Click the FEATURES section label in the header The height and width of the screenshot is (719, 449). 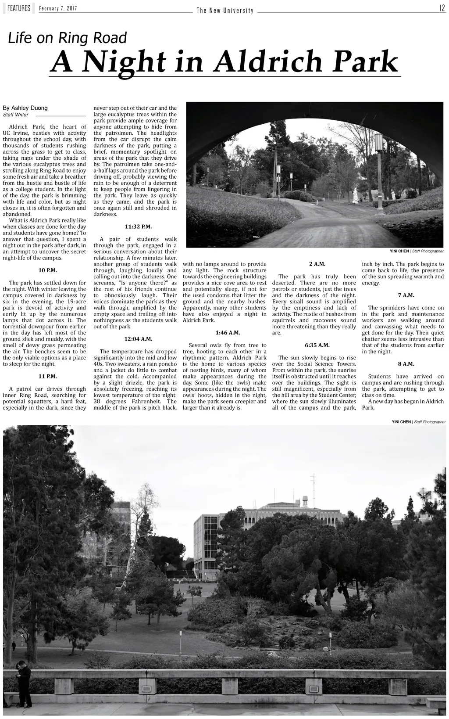(x=18, y=8)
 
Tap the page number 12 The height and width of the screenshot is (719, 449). (x=442, y=8)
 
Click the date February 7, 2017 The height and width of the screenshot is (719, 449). (x=58, y=9)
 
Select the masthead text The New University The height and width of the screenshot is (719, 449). (x=225, y=11)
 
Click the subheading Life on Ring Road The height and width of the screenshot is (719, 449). (x=68, y=38)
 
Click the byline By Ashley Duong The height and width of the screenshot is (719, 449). (x=25, y=108)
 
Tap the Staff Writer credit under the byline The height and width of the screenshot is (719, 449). (x=16, y=115)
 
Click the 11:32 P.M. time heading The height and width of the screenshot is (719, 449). (x=139, y=226)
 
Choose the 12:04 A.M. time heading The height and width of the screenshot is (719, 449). (x=139, y=339)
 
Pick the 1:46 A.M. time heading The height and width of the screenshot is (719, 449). (x=228, y=333)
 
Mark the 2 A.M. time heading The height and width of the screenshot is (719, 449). (x=317, y=264)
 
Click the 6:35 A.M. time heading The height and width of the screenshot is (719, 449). (x=317, y=345)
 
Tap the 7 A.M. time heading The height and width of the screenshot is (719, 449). (x=406, y=295)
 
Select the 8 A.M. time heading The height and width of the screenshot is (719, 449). (x=406, y=364)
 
